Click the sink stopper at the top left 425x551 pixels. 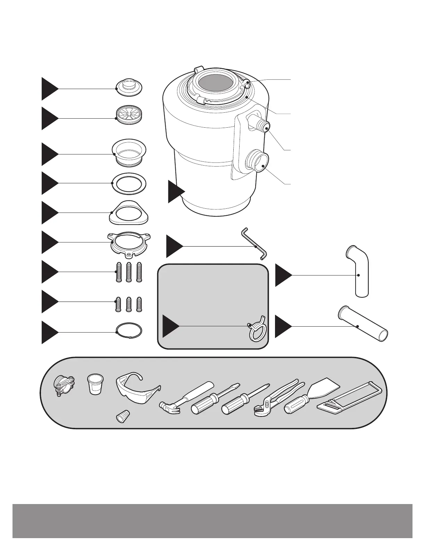(129, 87)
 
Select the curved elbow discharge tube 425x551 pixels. (358, 271)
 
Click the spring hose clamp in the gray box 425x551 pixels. (256, 328)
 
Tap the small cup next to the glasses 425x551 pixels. (95, 383)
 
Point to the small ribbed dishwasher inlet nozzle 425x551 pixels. (261, 125)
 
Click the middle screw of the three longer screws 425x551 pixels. (129, 272)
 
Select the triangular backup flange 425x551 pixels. (128, 213)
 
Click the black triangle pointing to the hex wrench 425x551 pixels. (173, 246)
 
